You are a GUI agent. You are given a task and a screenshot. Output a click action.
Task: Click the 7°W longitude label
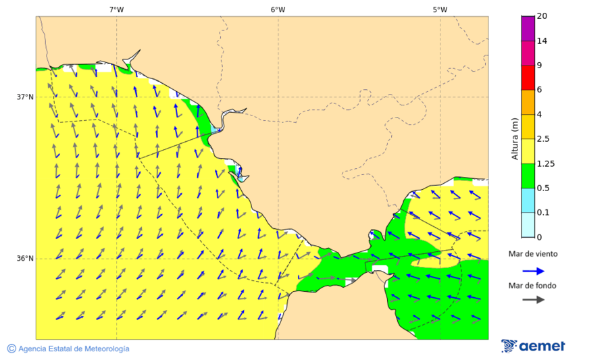point(116,9)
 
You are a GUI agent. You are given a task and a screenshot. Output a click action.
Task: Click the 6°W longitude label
point(278,9)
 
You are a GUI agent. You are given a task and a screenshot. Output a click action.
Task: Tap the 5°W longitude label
point(440,9)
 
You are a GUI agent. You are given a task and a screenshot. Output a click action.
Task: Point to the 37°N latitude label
point(25,97)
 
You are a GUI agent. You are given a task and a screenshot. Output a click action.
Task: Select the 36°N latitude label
point(25,259)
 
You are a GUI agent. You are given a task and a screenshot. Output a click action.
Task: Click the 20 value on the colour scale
point(541,16)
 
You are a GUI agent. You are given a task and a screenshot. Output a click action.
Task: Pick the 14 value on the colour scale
point(541,41)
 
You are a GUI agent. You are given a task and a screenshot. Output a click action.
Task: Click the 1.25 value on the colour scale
point(545,163)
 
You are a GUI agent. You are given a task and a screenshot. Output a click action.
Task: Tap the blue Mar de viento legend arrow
point(533,271)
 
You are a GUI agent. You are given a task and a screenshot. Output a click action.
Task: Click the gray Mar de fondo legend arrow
point(533,299)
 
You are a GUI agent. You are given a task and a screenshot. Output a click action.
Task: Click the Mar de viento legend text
point(533,254)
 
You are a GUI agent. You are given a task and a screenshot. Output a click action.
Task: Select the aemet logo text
point(542,346)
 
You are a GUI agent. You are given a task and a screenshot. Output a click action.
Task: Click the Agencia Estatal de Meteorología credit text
point(74,349)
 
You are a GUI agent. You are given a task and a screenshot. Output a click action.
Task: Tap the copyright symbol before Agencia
point(11,349)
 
